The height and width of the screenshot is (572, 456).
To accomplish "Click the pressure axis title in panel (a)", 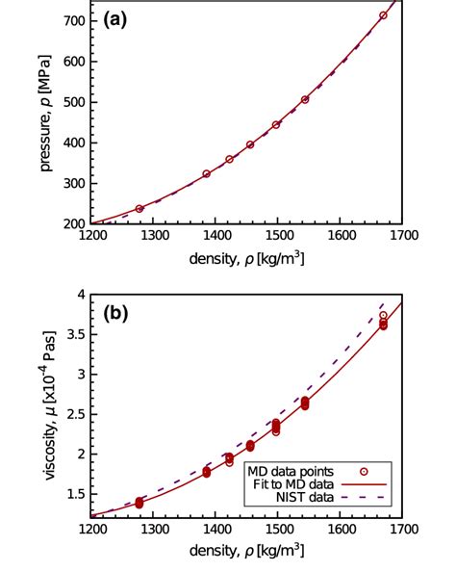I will (45, 113).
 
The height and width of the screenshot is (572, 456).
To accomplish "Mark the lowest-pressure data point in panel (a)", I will (139, 208).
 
